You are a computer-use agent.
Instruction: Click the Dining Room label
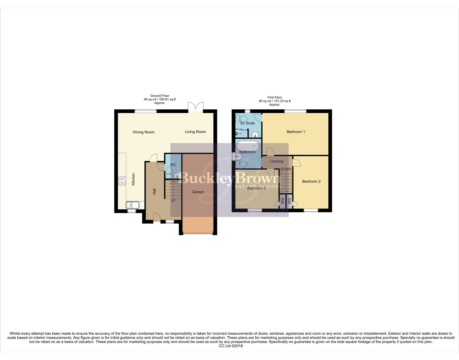143,132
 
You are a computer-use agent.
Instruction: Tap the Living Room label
195,132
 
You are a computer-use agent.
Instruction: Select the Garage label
198,192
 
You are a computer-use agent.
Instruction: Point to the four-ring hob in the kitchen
122,181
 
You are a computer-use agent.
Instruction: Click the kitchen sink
132,205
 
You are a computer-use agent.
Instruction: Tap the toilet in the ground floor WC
169,171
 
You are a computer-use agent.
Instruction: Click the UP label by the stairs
173,201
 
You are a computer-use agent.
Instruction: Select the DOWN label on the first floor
286,169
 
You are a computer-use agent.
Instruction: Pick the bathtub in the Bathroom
248,146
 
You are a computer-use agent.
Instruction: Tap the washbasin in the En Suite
255,134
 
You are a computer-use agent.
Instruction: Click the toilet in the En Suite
241,118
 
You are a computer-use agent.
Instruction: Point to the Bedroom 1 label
296,132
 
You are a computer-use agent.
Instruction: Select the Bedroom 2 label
311,182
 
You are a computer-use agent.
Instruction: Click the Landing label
277,161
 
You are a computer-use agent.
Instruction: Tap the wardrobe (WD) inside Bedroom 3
283,201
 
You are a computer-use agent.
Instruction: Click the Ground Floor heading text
160,96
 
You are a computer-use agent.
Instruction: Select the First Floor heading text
275,98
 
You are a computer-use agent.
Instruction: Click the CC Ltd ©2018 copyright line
231,346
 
